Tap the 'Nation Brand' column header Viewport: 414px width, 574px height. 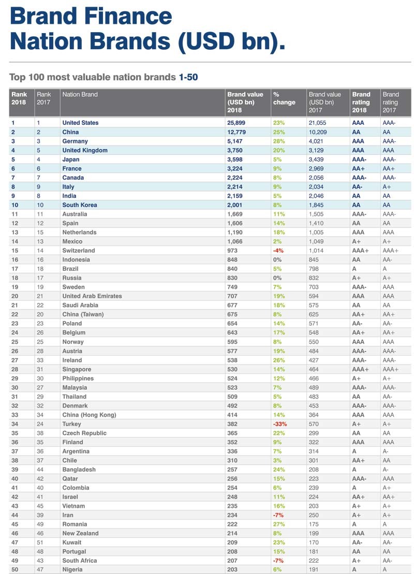(x=80, y=95)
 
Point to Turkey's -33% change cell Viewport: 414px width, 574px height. (x=280, y=424)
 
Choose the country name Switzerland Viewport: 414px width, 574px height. (x=79, y=251)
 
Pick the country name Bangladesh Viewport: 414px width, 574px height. (x=79, y=469)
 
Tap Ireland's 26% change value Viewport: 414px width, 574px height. (x=278, y=360)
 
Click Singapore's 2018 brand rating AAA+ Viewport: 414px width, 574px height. (x=361, y=370)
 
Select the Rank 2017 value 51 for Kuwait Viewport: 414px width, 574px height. (x=40, y=542)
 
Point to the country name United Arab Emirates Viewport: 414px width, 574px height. (x=92, y=296)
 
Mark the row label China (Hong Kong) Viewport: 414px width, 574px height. (x=89, y=415)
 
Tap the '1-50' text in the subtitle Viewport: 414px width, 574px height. (x=188, y=77)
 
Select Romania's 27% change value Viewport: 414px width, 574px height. (x=278, y=524)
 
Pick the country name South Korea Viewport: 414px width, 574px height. (x=79, y=205)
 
